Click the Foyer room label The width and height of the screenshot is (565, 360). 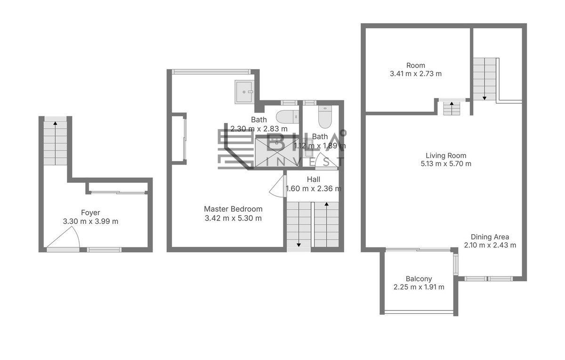[x=90, y=213]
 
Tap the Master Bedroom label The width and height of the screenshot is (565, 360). [x=233, y=209]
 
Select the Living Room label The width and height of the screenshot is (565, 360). [x=446, y=155]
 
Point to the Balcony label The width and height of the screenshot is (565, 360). [x=419, y=278]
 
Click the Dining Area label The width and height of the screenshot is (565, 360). [x=490, y=237]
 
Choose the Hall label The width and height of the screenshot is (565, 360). [x=314, y=180]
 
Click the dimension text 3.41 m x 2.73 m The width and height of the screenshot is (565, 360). [x=416, y=74]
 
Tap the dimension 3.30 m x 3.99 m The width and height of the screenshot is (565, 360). [x=90, y=221]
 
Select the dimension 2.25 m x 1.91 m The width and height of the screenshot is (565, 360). [x=419, y=287]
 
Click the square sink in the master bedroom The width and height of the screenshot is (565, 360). [x=244, y=92]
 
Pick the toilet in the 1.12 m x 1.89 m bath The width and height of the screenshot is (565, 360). [x=324, y=117]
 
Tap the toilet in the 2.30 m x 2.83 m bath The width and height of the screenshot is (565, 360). [x=287, y=117]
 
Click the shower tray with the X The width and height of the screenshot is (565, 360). [x=277, y=152]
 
